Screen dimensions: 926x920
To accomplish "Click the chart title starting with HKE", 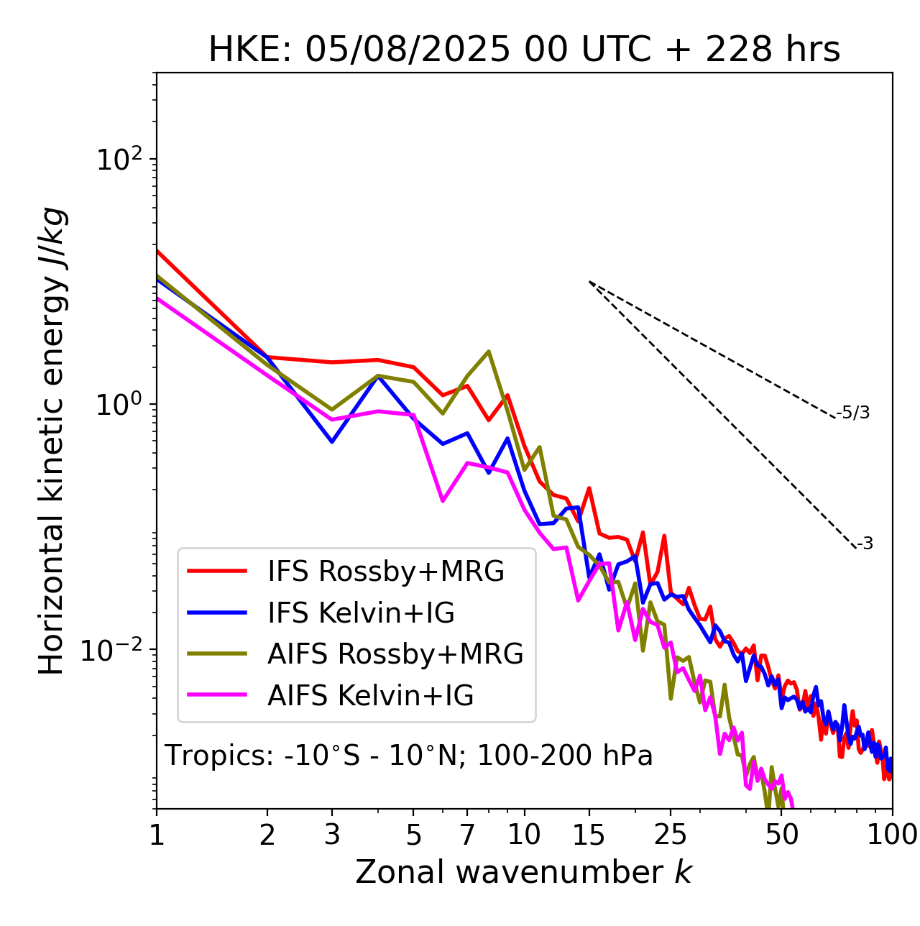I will click(524, 50).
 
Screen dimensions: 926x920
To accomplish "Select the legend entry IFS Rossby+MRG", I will click(385, 572).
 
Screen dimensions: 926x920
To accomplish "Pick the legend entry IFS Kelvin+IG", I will click(361, 613).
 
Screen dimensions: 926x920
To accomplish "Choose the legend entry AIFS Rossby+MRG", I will click(395, 654).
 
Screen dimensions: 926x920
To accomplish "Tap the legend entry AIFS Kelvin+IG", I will click(370, 696).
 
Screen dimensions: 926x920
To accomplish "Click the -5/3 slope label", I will click(853, 413).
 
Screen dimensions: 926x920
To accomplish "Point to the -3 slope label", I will click(865, 544).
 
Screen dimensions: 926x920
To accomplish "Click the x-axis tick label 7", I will click(467, 834).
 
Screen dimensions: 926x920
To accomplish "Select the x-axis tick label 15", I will click(589, 834).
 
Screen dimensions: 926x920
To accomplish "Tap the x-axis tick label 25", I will click(671, 834).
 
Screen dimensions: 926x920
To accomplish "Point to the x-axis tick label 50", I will click(782, 834).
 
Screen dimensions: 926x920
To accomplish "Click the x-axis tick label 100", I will click(892, 834).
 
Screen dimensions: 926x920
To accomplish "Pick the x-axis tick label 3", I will click(332, 834).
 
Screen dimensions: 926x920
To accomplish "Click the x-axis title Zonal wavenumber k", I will click(524, 872).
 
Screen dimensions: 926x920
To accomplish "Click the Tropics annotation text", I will click(409, 756).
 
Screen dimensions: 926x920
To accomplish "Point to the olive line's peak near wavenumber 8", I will click(489, 352).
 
